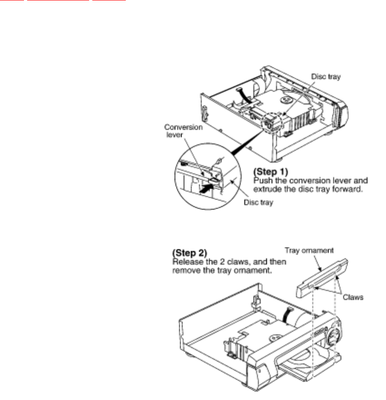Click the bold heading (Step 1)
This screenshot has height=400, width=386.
coord(268,172)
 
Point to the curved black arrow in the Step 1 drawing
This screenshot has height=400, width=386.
coord(244,95)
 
